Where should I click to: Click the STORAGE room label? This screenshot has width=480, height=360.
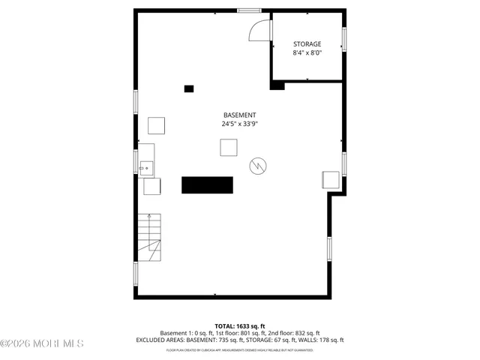(307, 44)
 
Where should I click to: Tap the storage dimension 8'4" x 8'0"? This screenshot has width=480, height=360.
(307, 52)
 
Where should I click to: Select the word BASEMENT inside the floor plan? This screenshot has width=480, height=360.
(239, 115)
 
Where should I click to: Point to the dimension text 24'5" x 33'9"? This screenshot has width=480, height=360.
(239, 124)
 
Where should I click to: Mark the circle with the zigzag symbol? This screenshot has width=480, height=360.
(257, 165)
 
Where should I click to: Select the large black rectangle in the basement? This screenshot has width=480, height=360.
(207, 184)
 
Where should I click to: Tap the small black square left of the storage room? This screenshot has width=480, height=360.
(189, 88)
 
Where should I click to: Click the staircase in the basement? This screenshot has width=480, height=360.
(148, 236)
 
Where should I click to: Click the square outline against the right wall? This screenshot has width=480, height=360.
(330, 180)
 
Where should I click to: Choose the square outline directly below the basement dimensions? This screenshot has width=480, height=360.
(229, 148)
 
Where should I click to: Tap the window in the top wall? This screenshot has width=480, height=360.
(249, 10)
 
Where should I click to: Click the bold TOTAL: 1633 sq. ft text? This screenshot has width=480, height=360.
(240, 326)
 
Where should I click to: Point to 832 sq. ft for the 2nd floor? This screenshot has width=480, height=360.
(307, 333)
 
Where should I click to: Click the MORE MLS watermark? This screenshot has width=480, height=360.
(43, 344)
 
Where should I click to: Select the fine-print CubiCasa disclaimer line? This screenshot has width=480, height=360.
(240, 349)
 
